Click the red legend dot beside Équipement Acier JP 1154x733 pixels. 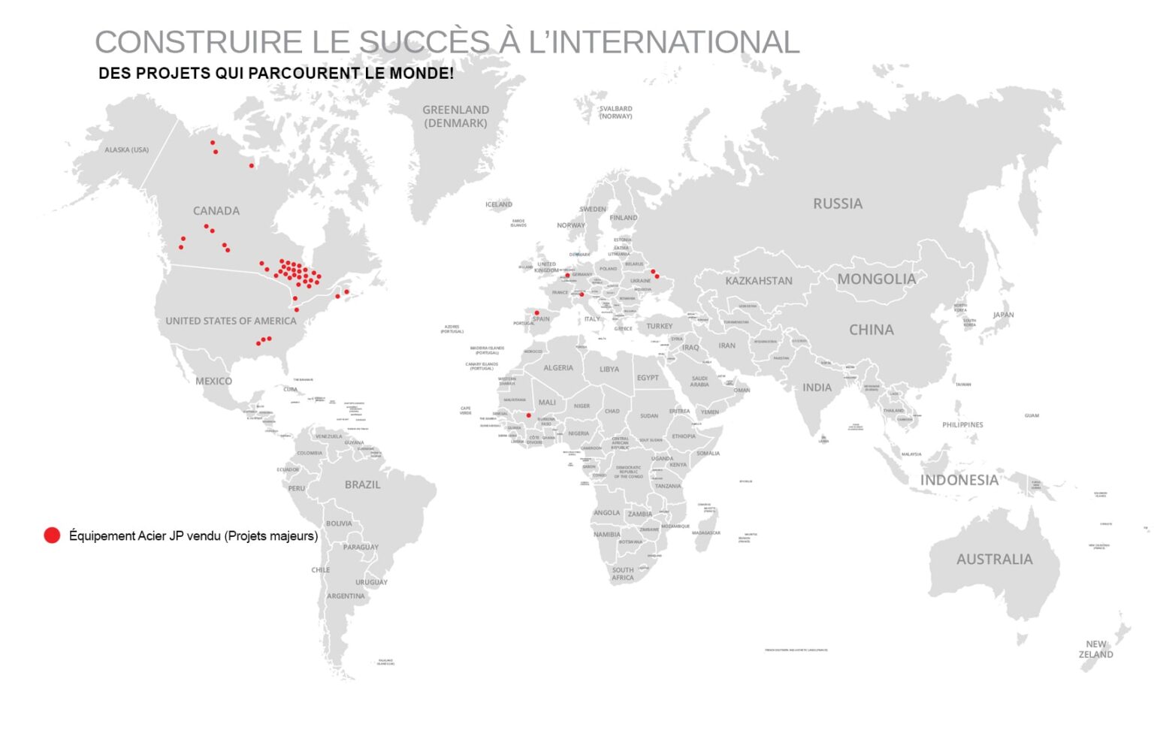52,535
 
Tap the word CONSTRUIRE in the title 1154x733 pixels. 198,42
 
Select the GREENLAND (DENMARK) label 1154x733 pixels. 455,116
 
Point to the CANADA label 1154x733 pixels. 216,211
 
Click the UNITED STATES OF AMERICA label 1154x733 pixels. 231,321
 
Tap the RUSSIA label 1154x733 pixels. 838,204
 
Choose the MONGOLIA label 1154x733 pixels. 877,279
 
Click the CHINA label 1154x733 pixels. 872,330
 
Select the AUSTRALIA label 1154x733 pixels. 994,560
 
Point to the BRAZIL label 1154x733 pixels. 362,485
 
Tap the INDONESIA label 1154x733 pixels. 959,481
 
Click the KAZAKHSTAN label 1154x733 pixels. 759,281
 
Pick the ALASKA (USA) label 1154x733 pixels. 126,150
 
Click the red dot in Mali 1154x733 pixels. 528,415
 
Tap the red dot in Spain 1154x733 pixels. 536,312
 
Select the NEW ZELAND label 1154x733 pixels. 1096,650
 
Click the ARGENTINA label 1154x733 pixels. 346,596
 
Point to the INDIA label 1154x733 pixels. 817,388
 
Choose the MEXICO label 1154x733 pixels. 214,381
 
